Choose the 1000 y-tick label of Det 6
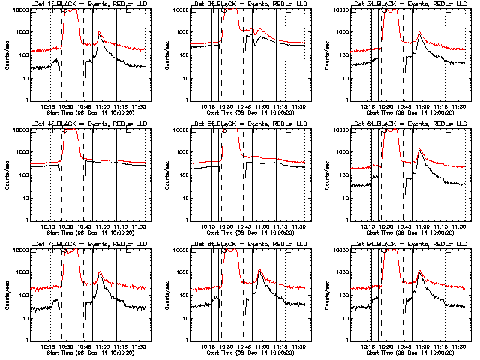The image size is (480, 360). (348, 153)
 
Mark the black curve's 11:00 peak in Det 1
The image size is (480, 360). (99, 33)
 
